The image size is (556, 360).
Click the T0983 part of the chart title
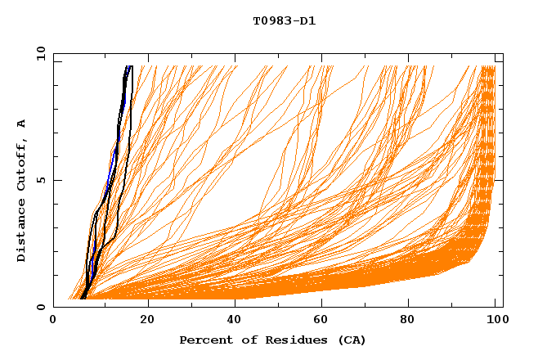tap(270, 21)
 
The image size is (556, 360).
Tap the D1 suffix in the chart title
tap(307, 21)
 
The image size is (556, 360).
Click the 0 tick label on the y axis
tap(40, 307)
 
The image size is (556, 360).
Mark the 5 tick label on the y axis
tap(40, 180)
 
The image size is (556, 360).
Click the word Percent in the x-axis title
tap(204, 340)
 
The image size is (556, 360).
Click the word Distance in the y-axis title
tap(22, 232)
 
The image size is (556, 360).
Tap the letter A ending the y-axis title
tap(22, 123)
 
